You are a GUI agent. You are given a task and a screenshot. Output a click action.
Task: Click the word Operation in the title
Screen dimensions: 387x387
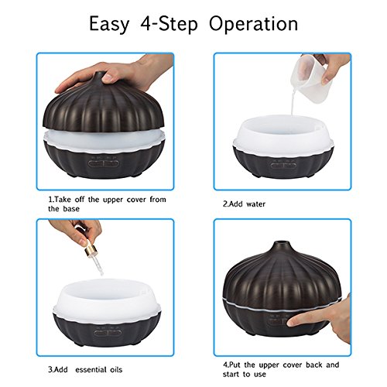click(x=253, y=24)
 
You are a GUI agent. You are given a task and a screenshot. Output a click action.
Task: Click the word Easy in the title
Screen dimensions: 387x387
click(x=108, y=24)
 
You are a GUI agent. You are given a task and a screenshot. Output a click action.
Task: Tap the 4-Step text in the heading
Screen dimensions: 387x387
click(x=169, y=24)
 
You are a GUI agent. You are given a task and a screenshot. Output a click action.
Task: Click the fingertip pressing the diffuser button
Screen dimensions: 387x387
click(x=293, y=322)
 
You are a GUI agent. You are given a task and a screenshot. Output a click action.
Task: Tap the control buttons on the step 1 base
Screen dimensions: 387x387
click(x=104, y=163)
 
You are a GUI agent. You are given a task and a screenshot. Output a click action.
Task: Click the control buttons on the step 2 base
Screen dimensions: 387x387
click(x=283, y=165)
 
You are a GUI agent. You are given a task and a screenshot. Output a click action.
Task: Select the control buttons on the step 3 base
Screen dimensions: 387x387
click(x=108, y=333)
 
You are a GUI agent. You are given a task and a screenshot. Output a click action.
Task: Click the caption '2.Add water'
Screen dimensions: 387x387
click(x=244, y=204)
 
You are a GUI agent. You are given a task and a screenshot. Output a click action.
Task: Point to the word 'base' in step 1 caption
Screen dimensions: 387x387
click(x=71, y=208)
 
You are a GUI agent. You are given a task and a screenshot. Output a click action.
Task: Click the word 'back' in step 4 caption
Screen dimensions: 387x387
click(x=313, y=365)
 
